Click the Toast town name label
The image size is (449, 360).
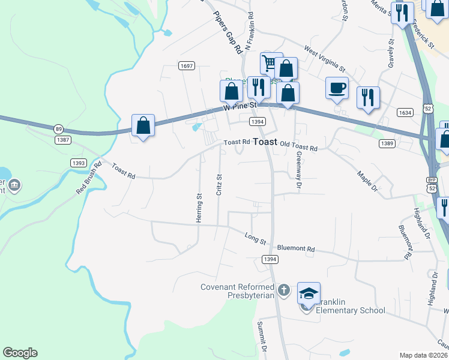click(265, 142)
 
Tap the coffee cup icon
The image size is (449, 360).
click(337, 88)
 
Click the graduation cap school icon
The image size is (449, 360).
click(309, 294)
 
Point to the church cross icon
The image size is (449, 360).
click(285, 290)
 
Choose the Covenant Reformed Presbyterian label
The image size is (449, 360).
click(237, 291)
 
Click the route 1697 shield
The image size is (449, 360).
click(186, 66)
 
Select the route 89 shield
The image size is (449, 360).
click(58, 129)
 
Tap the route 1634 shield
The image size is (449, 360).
click(405, 112)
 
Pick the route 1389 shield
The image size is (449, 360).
click(387, 144)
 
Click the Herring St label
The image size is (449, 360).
click(198, 208)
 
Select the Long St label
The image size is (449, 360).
click(255, 238)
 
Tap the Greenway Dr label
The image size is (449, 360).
click(298, 170)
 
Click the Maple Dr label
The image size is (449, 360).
click(366, 182)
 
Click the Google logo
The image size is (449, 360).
click(20, 353)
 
